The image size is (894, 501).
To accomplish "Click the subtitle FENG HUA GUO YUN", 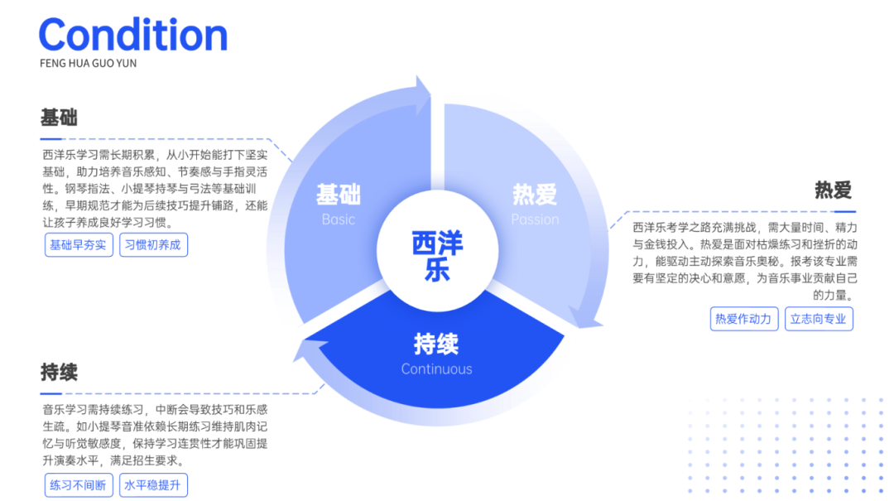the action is pyautogui.click(x=88, y=63).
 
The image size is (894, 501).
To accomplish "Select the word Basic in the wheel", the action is pyautogui.click(x=338, y=219).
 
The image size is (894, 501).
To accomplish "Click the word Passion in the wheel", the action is pyautogui.click(x=535, y=219).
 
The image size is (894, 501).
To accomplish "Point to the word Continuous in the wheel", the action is pyautogui.click(x=436, y=369).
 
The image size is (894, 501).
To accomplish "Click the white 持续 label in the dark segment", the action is pyautogui.click(x=436, y=344).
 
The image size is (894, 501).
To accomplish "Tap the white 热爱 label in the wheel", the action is pyautogui.click(x=535, y=195).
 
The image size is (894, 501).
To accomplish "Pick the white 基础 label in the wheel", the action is pyautogui.click(x=338, y=195).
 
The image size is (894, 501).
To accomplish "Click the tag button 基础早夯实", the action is pyautogui.click(x=79, y=245).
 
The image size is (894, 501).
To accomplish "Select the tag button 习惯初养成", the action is pyautogui.click(x=153, y=245).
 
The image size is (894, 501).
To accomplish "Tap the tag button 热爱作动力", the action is pyautogui.click(x=743, y=319).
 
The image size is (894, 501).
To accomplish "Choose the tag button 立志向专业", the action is pyautogui.click(x=818, y=319).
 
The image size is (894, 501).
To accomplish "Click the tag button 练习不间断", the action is pyautogui.click(x=79, y=485).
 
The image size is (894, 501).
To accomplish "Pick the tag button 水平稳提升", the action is pyautogui.click(x=153, y=485).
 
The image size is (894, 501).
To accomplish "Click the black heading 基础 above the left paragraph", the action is pyautogui.click(x=59, y=118).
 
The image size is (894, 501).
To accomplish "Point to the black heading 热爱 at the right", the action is pyautogui.click(x=833, y=190).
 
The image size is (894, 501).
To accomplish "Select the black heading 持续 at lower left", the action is pyautogui.click(x=59, y=373).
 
